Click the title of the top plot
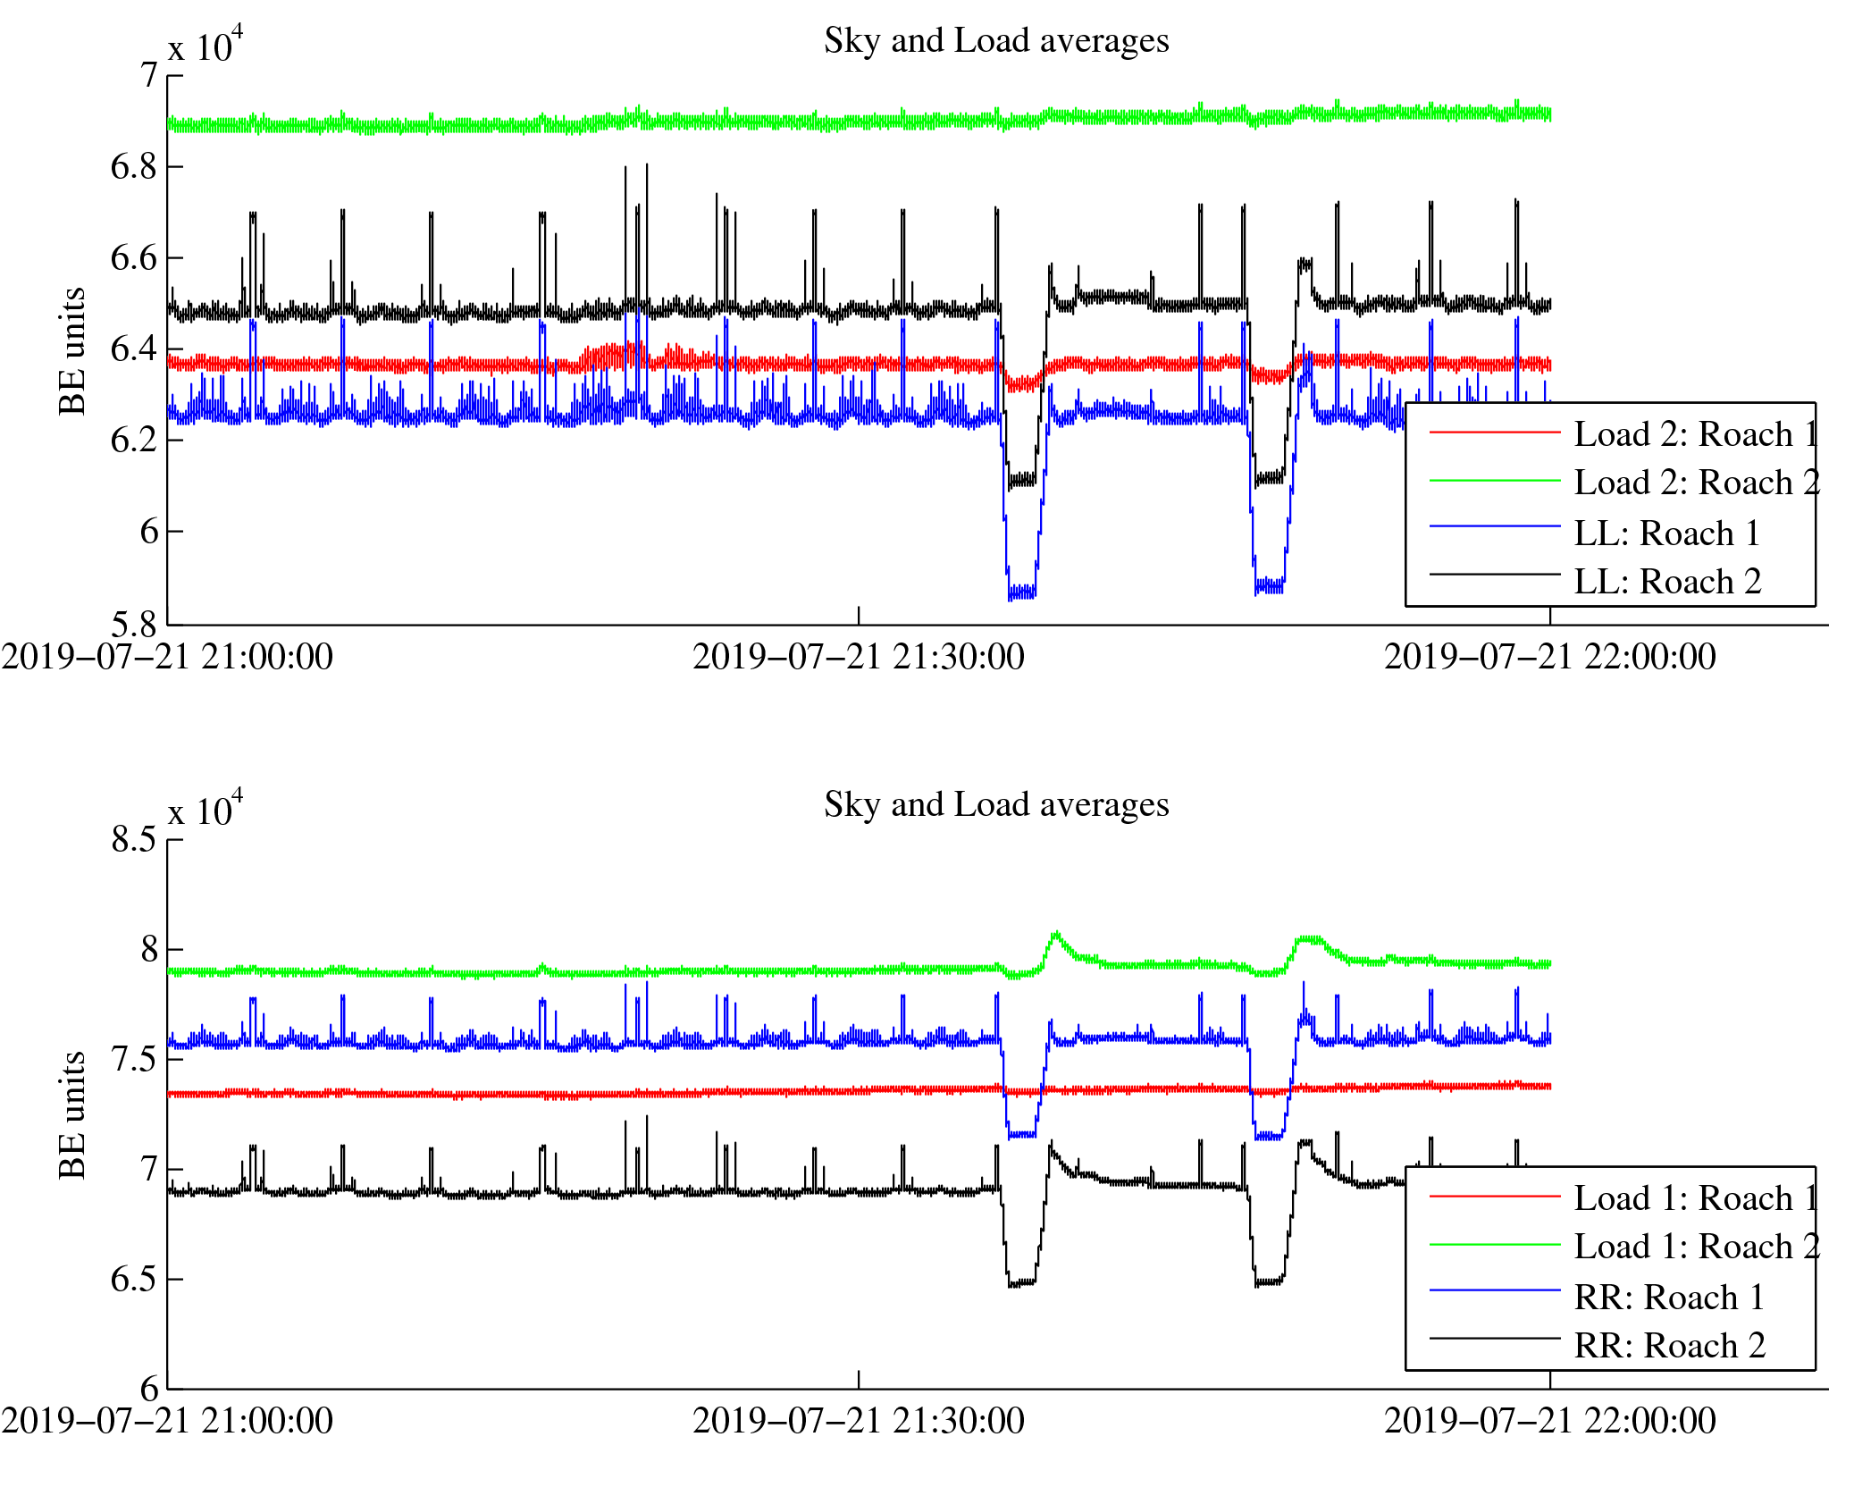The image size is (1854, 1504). [995, 41]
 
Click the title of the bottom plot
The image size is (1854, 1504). [995, 805]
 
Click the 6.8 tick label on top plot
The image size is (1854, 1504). [133, 167]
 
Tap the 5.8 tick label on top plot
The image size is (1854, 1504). [133, 624]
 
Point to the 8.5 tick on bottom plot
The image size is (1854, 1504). [133, 840]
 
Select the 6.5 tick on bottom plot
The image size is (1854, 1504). [133, 1280]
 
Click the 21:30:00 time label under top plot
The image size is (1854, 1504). [858, 658]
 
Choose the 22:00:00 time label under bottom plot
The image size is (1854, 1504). [1549, 1422]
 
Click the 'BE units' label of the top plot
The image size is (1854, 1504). [72, 351]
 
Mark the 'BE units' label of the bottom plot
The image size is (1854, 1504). [72, 1115]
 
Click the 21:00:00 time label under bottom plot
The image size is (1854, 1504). [167, 1422]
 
